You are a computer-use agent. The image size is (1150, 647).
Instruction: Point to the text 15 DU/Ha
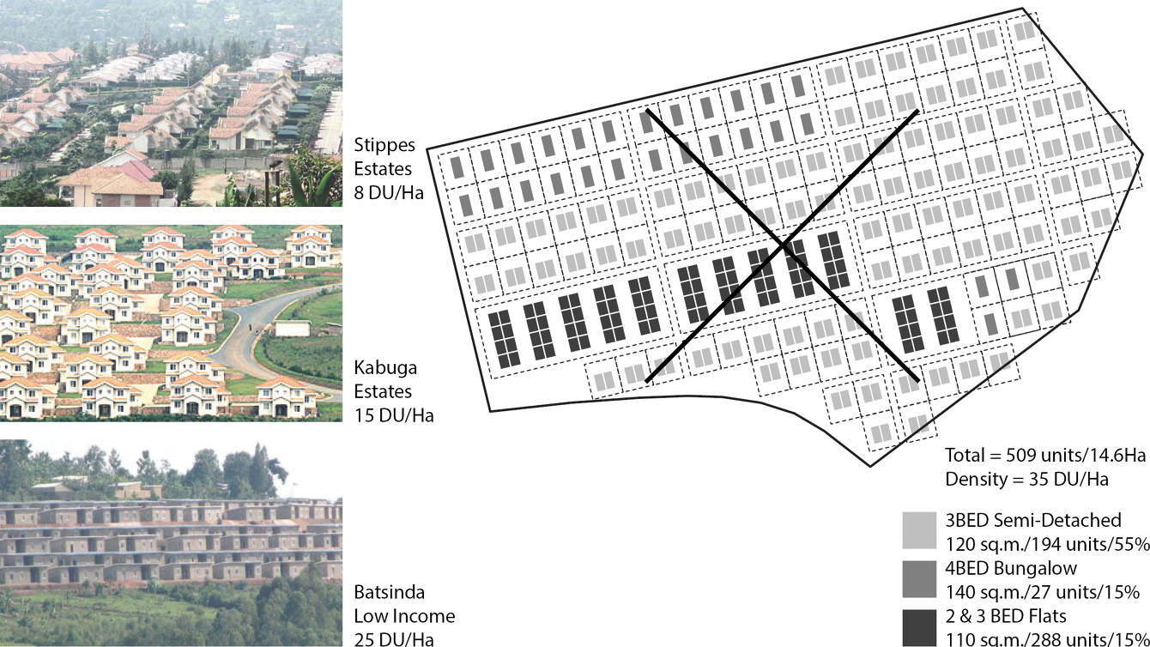coord(394,416)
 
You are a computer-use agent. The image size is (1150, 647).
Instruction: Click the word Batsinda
coord(388,593)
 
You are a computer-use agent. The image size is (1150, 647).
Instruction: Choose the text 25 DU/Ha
coord(394,638)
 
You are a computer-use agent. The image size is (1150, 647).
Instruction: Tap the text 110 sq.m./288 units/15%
coord(1047,638)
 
